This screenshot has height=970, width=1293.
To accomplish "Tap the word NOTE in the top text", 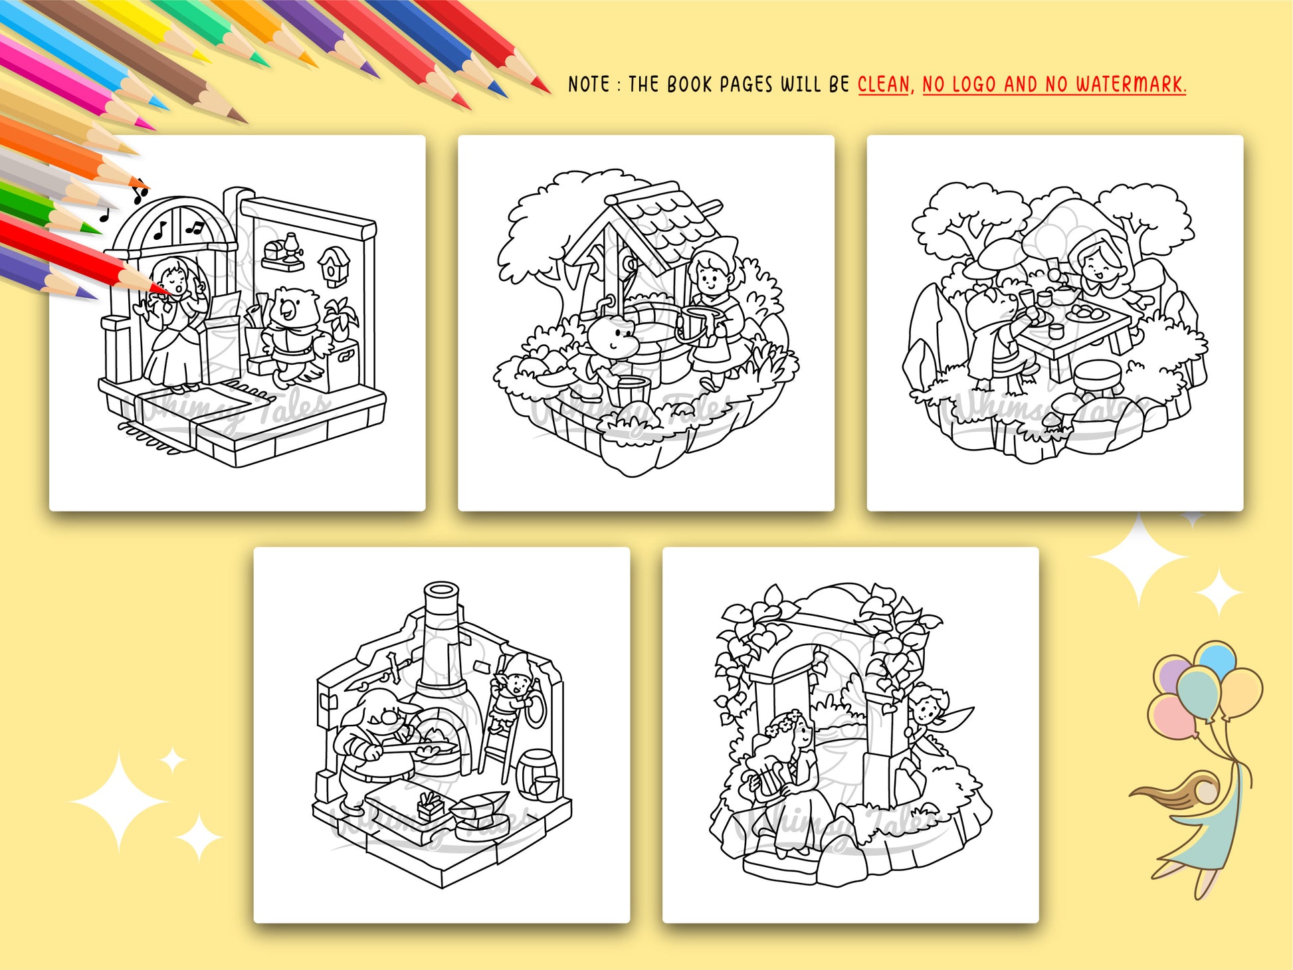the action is tap(588, 84).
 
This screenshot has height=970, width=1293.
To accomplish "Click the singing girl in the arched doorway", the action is tap(172, 323).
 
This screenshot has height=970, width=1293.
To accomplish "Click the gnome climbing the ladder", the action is tap(512, 685).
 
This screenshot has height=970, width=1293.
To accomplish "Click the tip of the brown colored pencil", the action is tap(243, 121).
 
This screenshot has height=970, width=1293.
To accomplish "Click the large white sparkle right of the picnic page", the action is tap(1139, 559).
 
